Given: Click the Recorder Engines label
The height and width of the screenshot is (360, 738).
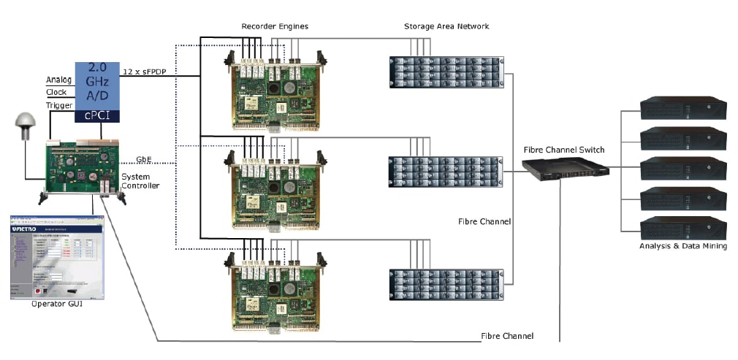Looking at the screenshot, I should tap(275, 26).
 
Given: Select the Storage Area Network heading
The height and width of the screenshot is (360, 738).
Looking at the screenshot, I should tap(446, 26).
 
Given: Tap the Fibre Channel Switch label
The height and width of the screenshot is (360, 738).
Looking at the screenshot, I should tap(564, 150).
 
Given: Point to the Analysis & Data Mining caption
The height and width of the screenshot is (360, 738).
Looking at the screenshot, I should tap(683, 246).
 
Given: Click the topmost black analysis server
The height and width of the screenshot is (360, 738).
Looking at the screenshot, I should tap(683, 108).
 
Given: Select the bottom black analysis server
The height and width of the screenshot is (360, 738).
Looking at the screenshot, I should tap(683, 229).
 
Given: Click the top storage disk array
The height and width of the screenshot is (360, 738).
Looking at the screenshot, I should tap(446, 72).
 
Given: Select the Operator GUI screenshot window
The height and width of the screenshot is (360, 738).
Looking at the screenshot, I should tap(57, 257).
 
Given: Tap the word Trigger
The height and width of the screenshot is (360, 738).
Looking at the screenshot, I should tap(58, 106).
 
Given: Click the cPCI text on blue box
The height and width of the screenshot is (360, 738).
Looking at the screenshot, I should tap(98, 114).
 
